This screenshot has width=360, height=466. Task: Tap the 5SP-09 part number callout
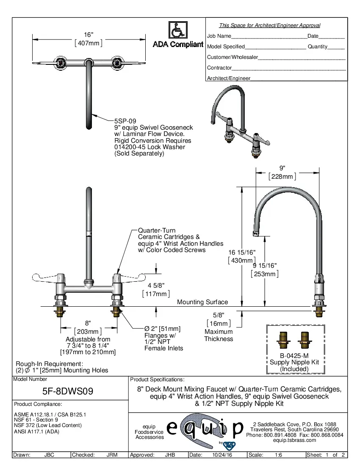[x=125, y=121]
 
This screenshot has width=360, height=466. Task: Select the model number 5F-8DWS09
[x=68, y=391]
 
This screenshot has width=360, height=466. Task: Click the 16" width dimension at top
[x=88, y=35]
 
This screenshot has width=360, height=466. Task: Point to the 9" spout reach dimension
[x=282, y=168]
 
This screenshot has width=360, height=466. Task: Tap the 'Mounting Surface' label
[x=202, y=302]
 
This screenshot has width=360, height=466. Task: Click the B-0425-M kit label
[x=294, y=355]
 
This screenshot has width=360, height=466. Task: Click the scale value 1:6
[x=279, y=455]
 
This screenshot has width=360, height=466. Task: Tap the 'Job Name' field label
[x=219, y=36]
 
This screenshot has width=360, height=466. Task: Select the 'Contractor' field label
[x=219, y=68]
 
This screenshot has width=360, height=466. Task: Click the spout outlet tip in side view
[x=255, y=233]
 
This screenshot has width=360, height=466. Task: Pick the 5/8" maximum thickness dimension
[x=219, y=315]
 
